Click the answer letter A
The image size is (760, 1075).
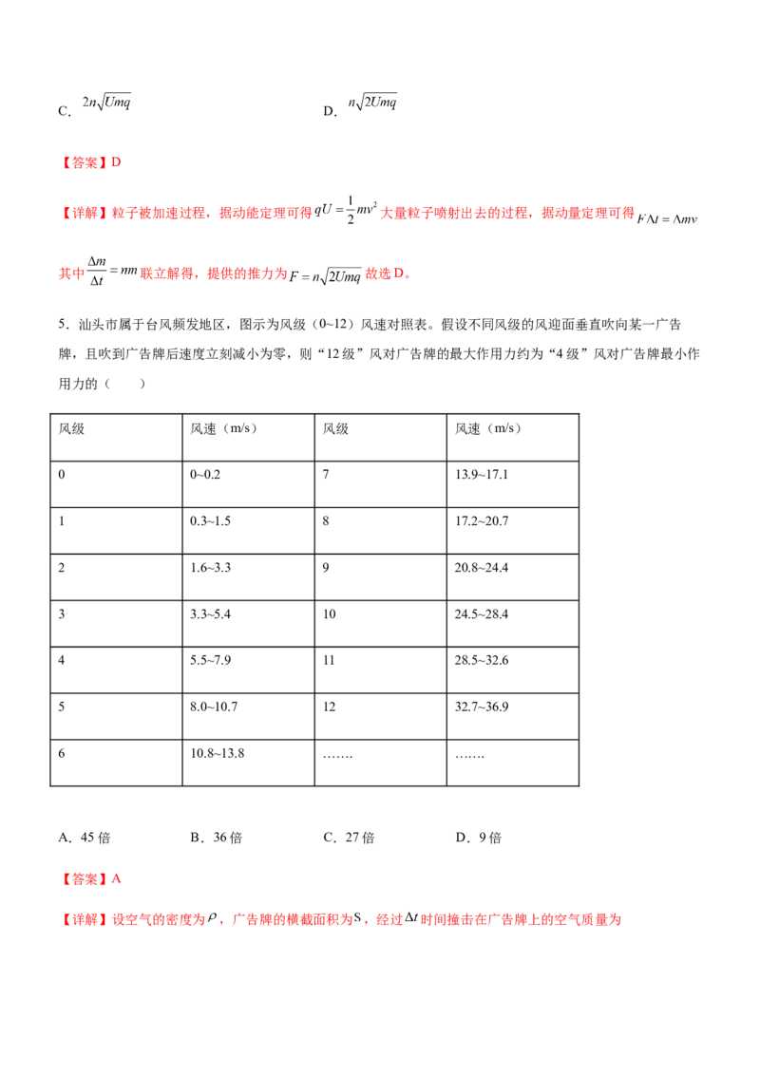click(117, 879)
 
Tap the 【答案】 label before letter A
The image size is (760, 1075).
click(85, 879)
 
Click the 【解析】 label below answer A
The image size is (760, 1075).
click(85, 919)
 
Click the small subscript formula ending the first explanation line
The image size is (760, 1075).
click(666, 221)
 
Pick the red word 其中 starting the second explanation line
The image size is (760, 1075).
click(68, 275)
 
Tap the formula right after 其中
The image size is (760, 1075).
click(111, 273)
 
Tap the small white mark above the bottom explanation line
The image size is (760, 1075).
click(407, 908)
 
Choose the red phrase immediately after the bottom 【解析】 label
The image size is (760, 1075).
click(158, 919)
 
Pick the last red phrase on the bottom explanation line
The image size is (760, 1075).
click(521, 919)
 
